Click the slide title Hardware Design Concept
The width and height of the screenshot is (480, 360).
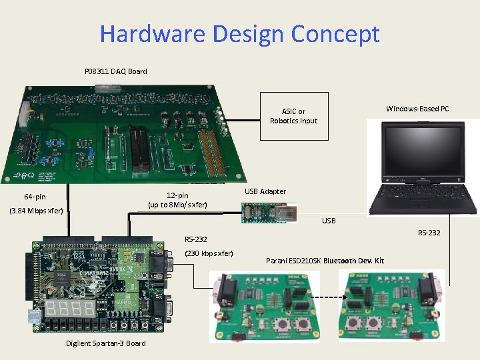pos(239,33)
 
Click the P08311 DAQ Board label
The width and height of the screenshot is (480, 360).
pos(115,71)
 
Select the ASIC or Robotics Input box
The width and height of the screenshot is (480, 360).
pos(294,116)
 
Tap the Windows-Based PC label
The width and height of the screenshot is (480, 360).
pos(417,109)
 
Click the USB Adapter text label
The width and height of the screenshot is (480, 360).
pos(265,191)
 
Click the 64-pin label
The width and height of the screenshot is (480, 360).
pos(35,197)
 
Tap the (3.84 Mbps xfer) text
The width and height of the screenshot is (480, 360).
pos(37,211)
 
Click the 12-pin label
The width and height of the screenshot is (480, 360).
pos(177,195)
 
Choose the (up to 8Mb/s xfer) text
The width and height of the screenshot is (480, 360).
pos(177,204)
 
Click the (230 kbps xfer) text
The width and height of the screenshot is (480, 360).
pos(209,253)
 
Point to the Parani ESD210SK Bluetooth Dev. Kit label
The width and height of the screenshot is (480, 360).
pos(325,261)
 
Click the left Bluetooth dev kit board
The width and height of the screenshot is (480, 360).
pos(265,305)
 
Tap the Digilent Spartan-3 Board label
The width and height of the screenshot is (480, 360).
pos(105,343)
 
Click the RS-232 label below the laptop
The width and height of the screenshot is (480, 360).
pos(429,233)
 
